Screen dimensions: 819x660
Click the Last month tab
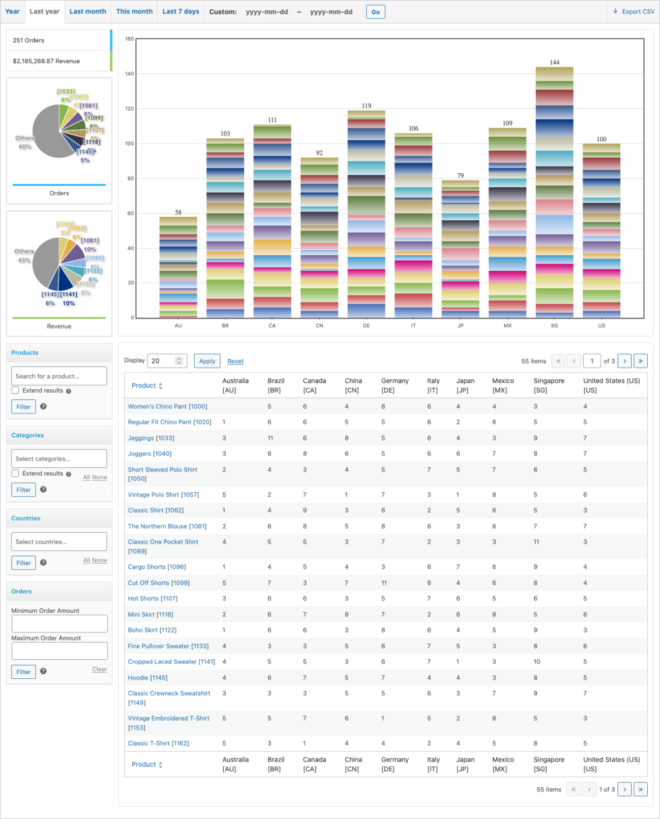(88, 11)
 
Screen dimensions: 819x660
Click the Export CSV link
(633, 11)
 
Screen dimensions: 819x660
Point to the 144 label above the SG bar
(554, 62)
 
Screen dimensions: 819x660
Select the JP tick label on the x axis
(460, 325)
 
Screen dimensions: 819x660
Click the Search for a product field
(59, 376)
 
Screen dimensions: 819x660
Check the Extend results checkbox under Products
(16, 391)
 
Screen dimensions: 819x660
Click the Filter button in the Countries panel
(24, 562)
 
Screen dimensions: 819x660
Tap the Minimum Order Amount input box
(59, 624)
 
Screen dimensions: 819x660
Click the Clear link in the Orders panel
(99, 669)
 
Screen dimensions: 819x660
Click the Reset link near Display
(235, 361)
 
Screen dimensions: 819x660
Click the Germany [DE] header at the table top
(394, 385)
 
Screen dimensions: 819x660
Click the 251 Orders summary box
(58, 40)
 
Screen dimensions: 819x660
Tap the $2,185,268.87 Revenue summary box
(58, 61)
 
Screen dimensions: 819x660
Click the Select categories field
(59, 459)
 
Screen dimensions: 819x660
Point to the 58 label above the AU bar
(178, 212)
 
